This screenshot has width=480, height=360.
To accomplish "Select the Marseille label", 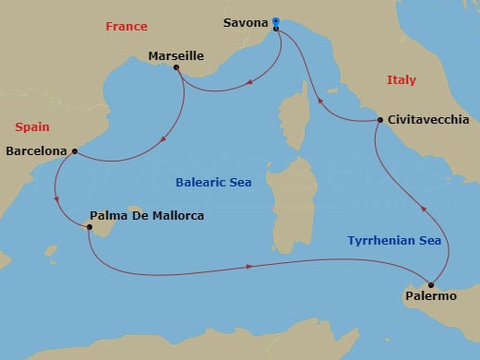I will pos(175,56).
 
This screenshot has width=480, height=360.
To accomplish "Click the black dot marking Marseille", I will pos(175,68).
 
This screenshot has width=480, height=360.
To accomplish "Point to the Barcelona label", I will pos(36,150).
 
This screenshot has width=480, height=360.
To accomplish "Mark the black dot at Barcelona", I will pos(74,150).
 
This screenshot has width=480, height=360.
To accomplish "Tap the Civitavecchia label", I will pos(428,120).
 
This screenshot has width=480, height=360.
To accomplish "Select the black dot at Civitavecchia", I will pos(379,120).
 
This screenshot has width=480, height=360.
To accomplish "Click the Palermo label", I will pos(430,297).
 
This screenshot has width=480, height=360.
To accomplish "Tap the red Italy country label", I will pos(402,81).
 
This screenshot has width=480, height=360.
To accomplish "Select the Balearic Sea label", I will pos(213,182).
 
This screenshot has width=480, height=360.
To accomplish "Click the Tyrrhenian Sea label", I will pos(394,241).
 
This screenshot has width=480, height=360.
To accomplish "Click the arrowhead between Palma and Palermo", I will pos(250,267).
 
